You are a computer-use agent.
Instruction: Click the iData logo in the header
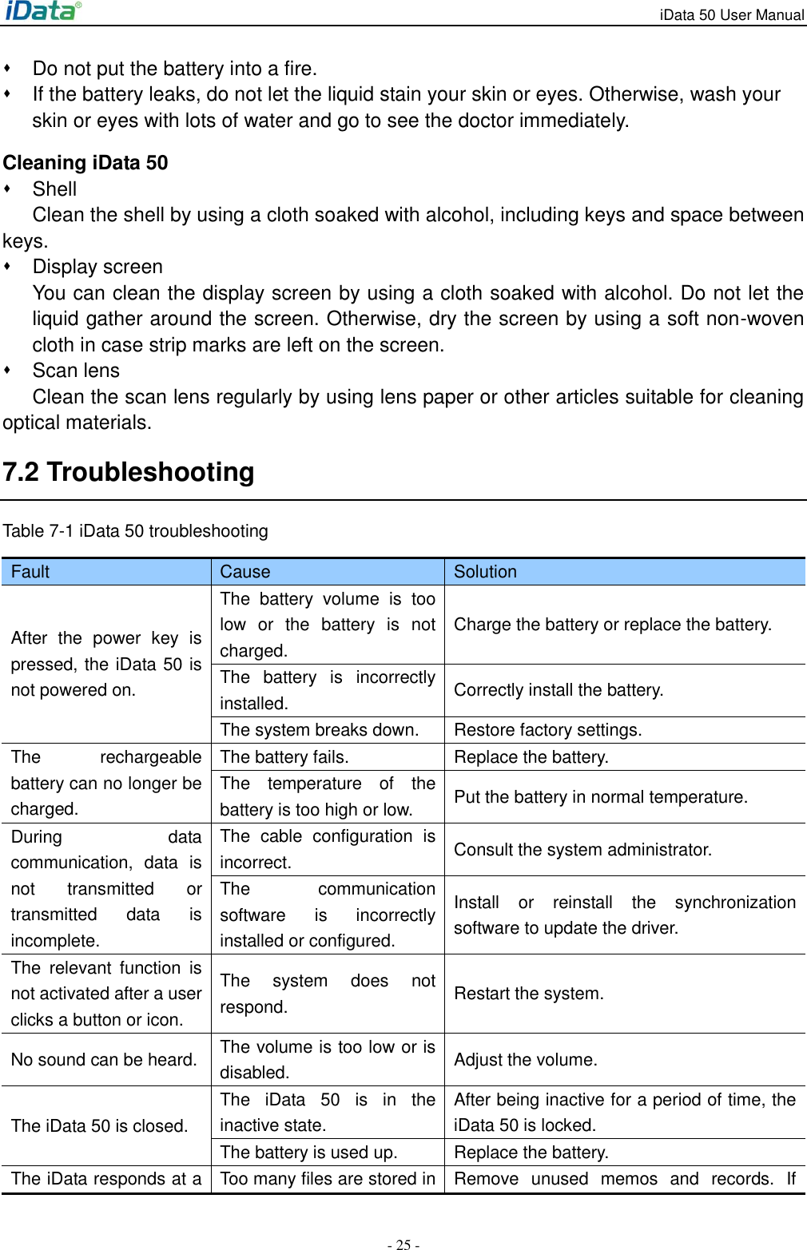click(x=43, y=11)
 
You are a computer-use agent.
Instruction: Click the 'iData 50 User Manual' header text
click(x=731, y=15)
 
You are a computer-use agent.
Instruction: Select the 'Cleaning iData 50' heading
click(x=85, y=163)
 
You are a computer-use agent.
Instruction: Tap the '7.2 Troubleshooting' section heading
click(x=129, y=472)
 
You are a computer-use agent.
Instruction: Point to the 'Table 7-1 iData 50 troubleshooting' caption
click(x=136, y=531)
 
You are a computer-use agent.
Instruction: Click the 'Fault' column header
click(x=30, y=572)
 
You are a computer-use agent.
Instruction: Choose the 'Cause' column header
click(x=245, y=572)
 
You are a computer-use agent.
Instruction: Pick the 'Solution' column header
click(x=485, y=572)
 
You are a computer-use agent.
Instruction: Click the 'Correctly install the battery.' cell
click(x=559, y=690)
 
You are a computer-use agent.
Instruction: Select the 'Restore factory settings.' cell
click(x=547, y=730)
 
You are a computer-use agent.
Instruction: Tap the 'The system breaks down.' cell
click(x=319, y=730)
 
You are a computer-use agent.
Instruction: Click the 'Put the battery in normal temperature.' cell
click(x=601, y=797)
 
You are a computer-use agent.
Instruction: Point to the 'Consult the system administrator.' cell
click(x=582, y=850)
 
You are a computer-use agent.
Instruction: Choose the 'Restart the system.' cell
click(x=529, y=994)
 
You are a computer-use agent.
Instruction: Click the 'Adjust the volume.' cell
click(x=525, y=1060)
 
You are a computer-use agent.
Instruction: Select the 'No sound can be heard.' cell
click(x=104, y=1060)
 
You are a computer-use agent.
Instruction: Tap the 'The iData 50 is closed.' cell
click(x=100, y=1126)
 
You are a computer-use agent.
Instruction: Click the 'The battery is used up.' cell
click(x=308, y=1153)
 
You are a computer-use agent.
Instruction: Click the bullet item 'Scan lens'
click(x=76, y=371)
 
